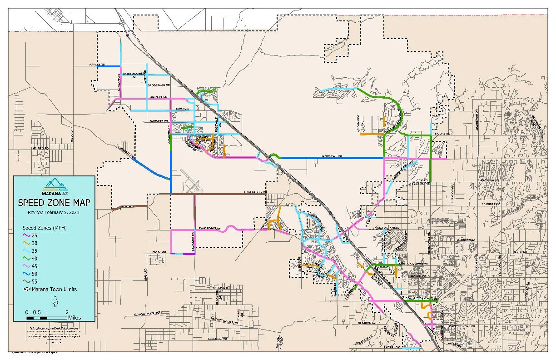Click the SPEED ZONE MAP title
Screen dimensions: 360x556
pos(54,202)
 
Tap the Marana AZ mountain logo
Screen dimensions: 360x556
pos(54,185)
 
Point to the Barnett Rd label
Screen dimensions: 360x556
pos(159,121)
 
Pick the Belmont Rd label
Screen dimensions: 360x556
pos(371,323)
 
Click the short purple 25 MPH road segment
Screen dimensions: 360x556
pos(188,254)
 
